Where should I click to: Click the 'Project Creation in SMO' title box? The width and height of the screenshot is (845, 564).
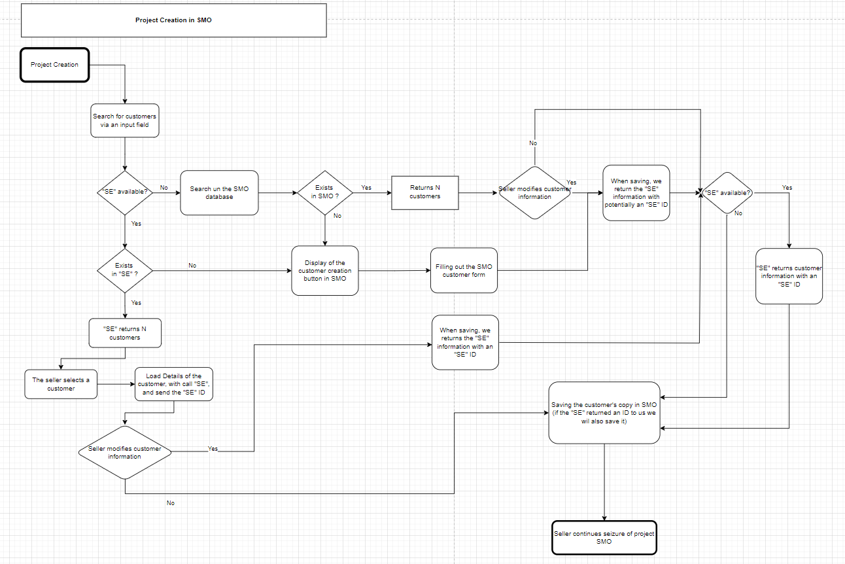click(173, 20)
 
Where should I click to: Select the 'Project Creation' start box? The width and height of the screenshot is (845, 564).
click(54, 65)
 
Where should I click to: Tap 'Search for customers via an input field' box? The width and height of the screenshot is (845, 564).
click(124, 120)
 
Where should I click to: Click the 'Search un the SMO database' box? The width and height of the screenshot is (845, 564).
click(219, 192)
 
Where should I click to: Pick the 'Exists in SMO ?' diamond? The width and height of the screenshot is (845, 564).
click(324, 192)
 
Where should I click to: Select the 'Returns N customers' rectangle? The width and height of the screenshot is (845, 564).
click(424, 192)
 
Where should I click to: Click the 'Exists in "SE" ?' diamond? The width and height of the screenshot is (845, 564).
click(124, 270)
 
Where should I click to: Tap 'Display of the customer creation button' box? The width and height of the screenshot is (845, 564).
click(324, 270)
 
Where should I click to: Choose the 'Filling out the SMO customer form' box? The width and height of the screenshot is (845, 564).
click(464, 270)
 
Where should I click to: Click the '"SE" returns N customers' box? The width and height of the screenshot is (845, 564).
click(124, 333)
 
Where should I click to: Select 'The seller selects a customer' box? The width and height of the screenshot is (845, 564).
click(61, 384)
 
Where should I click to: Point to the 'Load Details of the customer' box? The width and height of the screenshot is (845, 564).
click(173, 384)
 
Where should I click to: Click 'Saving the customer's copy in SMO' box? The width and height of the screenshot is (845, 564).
click(604, 413)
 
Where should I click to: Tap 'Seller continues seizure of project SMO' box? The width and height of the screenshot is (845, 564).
click(604, 537)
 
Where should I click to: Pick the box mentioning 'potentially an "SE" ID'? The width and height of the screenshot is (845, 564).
click(636, 192)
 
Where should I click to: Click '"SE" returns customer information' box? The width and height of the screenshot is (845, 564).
click(789, 276)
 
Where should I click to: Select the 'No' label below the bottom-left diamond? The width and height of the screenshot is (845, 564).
click(171, 503)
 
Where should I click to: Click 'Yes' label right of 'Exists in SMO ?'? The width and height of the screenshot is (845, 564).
click(366, 188)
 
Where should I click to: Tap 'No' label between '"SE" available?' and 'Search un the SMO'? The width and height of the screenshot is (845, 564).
click(164, 188)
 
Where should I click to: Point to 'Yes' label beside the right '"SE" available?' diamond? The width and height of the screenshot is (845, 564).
click(787, 188)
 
